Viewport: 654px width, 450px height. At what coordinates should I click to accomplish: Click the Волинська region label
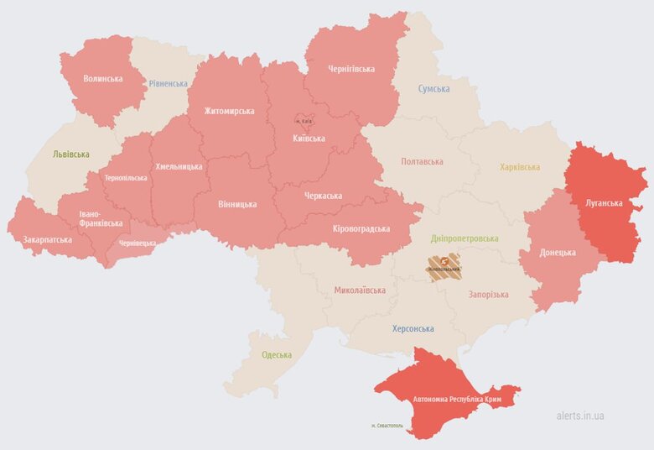(x=102, y=79)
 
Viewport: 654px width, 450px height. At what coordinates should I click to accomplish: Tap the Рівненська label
(x=169, y=84)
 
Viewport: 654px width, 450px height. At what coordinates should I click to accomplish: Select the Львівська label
(x=70, y=155)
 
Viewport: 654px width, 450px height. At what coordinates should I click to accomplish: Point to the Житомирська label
(x=229, y=111)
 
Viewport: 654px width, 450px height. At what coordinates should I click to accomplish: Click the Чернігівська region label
(x=350, y=69)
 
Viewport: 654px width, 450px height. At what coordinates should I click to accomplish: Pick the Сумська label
(x=433, y=89)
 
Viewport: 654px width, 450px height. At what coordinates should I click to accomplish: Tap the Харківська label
(x=520, y=167)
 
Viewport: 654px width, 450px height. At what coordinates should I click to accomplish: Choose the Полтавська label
(x=422, y=161)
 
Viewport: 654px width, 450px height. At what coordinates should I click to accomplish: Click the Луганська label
(x=604, y=203)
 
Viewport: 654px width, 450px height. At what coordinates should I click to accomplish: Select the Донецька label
(x=558, y=252)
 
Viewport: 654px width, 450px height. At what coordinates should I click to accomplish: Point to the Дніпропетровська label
(x=464, y=238)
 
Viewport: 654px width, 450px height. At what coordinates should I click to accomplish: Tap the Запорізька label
(x=488, y=295)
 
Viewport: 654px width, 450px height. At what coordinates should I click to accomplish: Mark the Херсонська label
(x=413, y=329)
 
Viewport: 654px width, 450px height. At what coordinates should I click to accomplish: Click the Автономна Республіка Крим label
(x=457, y=400)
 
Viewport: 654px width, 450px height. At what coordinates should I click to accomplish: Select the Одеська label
(x=277, y=354)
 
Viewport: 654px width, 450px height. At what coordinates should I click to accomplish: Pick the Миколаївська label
(x=360, y=290)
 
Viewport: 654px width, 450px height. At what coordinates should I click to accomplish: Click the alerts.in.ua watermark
(x=580, y=416)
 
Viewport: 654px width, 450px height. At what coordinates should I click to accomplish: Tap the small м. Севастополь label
(x=387, y=426)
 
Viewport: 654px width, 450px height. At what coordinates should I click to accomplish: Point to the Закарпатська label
(x=47, y=239)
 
